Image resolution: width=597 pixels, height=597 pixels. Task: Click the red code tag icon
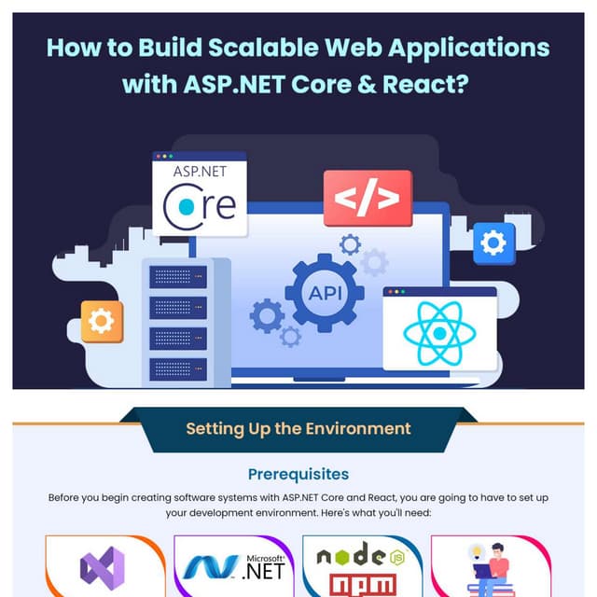pos(367,198)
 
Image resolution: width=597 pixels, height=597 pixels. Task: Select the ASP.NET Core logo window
pos(200,194)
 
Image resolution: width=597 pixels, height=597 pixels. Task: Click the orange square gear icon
pos(101,321)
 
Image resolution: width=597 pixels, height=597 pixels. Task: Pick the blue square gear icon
pos(493,243)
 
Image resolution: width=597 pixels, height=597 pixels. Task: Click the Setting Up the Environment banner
pos(298,429)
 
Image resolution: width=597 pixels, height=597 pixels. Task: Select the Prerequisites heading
pos(298,475)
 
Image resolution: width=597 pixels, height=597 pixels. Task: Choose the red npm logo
pos(360,585)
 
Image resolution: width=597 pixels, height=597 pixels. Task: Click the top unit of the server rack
pos(177,277)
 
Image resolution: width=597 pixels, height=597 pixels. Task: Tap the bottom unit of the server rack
pos(177,368)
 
